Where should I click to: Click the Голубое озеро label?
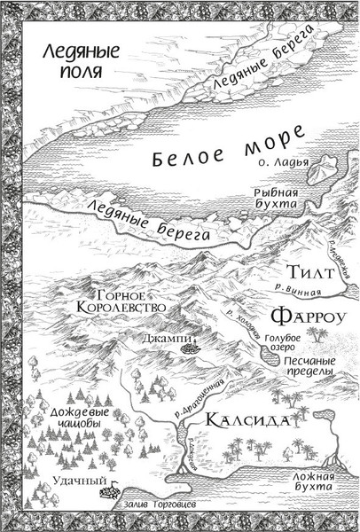pos(285,342)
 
